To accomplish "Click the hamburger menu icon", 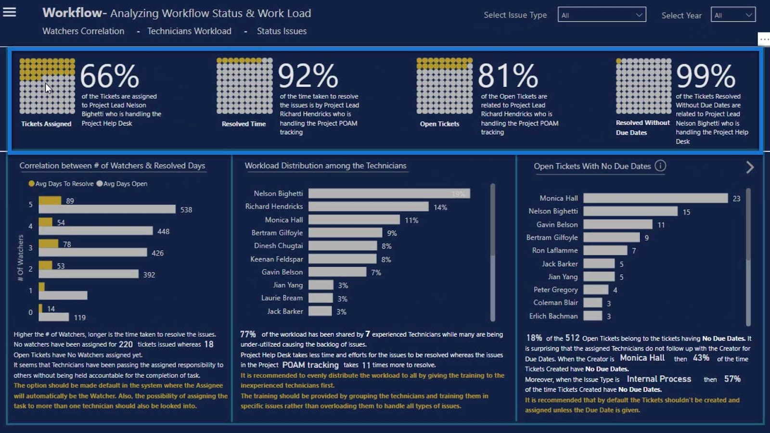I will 10,12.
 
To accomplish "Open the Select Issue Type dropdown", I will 602,15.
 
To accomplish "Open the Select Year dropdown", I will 732,15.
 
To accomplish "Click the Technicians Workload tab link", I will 189,31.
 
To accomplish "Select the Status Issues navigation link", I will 282,31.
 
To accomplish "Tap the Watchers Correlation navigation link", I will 83,31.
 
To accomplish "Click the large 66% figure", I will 110,76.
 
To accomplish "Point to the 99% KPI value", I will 706,76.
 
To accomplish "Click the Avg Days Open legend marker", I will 100,183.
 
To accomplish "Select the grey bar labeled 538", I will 107,209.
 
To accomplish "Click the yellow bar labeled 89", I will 50,200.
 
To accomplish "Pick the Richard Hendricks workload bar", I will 368,206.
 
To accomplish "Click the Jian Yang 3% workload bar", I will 321,285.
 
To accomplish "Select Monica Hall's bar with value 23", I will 655,198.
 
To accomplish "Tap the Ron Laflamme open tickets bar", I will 605,250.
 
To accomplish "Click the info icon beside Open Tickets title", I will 660,166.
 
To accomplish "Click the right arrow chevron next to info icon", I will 750,167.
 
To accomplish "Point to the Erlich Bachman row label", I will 553,316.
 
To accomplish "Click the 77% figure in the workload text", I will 248,334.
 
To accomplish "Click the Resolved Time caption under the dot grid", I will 244,124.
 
